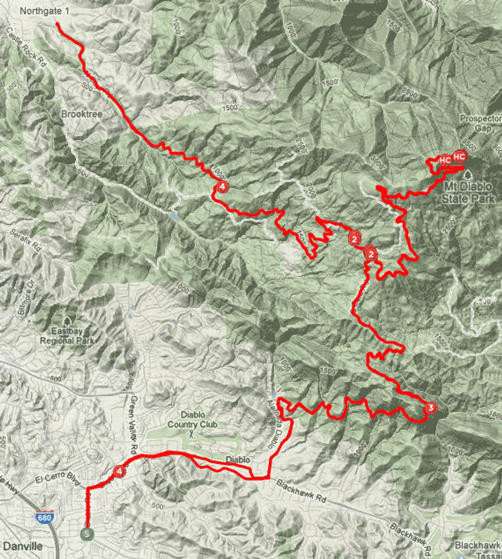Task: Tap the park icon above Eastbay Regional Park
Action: (x=67, y=320)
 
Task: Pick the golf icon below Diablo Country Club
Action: (x=192, y=435)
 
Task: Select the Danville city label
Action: (x=22, y=545)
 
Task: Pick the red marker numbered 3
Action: (x=431, y=408)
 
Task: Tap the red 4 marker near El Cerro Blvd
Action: (x=118, y=471)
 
